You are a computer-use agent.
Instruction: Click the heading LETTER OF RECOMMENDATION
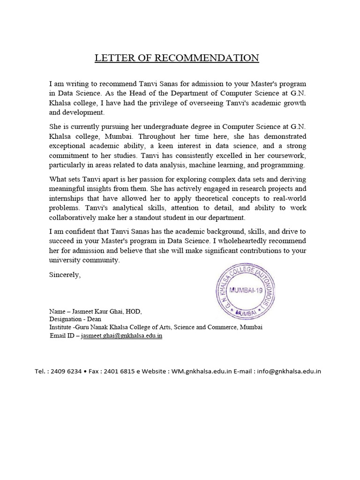[177, 58]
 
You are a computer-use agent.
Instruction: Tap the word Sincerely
[65, 275]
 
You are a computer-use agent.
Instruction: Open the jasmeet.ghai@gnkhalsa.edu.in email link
[121, 336]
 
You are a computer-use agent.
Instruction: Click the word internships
[68, 198]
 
